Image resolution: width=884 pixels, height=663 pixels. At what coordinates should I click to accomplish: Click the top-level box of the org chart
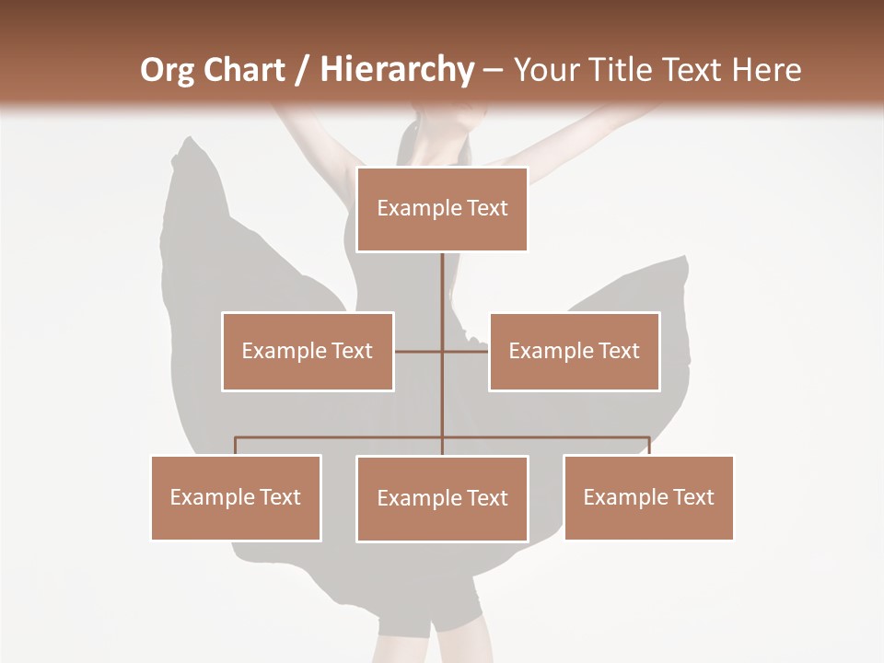(x=442, y=209)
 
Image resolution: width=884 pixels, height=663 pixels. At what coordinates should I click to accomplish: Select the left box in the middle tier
(x=308, y=351)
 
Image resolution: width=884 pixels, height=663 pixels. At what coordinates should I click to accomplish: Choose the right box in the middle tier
(x=574, y=351)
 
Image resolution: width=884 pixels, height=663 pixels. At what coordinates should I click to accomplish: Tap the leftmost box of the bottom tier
(x=236, y=497)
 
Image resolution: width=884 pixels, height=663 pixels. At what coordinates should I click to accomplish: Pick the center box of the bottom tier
(x=442, y=498)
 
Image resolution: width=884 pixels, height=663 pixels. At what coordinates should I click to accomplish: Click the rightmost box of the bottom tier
(x=648, y=497)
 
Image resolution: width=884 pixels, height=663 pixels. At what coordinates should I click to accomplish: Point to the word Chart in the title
(x=244, y=70)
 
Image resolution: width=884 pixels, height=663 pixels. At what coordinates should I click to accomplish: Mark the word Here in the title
(x=766, y=70)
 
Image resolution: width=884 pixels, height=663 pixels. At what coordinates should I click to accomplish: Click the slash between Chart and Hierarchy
(x=302, y=71)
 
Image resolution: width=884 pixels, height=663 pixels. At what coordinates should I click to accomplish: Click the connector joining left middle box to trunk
(x=418, y=351)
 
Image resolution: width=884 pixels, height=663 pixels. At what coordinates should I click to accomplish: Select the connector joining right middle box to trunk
(x=466, y=351)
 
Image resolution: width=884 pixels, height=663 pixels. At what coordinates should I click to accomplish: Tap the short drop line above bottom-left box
(x=236, y=446)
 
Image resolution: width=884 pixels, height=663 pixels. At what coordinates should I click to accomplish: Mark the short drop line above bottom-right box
(x=649, y=446)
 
